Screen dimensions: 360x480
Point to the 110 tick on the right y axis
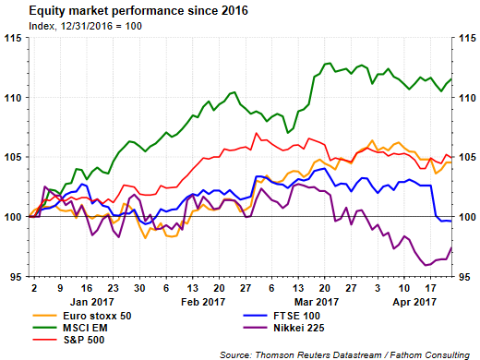coord(465,97)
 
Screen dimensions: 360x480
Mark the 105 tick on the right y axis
coord(465,157)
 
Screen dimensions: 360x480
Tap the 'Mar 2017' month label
coord(316,301)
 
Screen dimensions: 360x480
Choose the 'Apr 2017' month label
coord(416,301)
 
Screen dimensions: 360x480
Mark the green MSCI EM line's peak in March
coord(329,64)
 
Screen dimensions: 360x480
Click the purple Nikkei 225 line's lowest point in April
coord(426,266)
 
